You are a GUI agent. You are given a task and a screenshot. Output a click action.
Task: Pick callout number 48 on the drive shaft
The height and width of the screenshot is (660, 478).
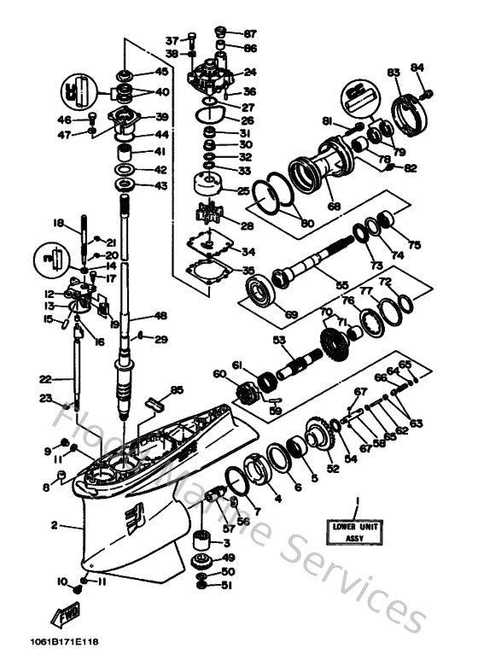pos(160,313)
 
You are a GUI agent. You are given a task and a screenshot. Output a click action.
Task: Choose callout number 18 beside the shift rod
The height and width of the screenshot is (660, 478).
pos(58,223)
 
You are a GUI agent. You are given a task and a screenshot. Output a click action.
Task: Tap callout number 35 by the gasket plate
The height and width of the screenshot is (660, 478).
pos(248,271)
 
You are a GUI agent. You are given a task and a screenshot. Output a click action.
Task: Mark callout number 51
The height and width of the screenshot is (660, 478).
pos(227,585)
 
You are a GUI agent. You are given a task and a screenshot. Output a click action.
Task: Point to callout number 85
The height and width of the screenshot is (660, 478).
pos(176,390)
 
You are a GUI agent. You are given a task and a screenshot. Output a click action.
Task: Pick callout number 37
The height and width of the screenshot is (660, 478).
pos(172,40)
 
